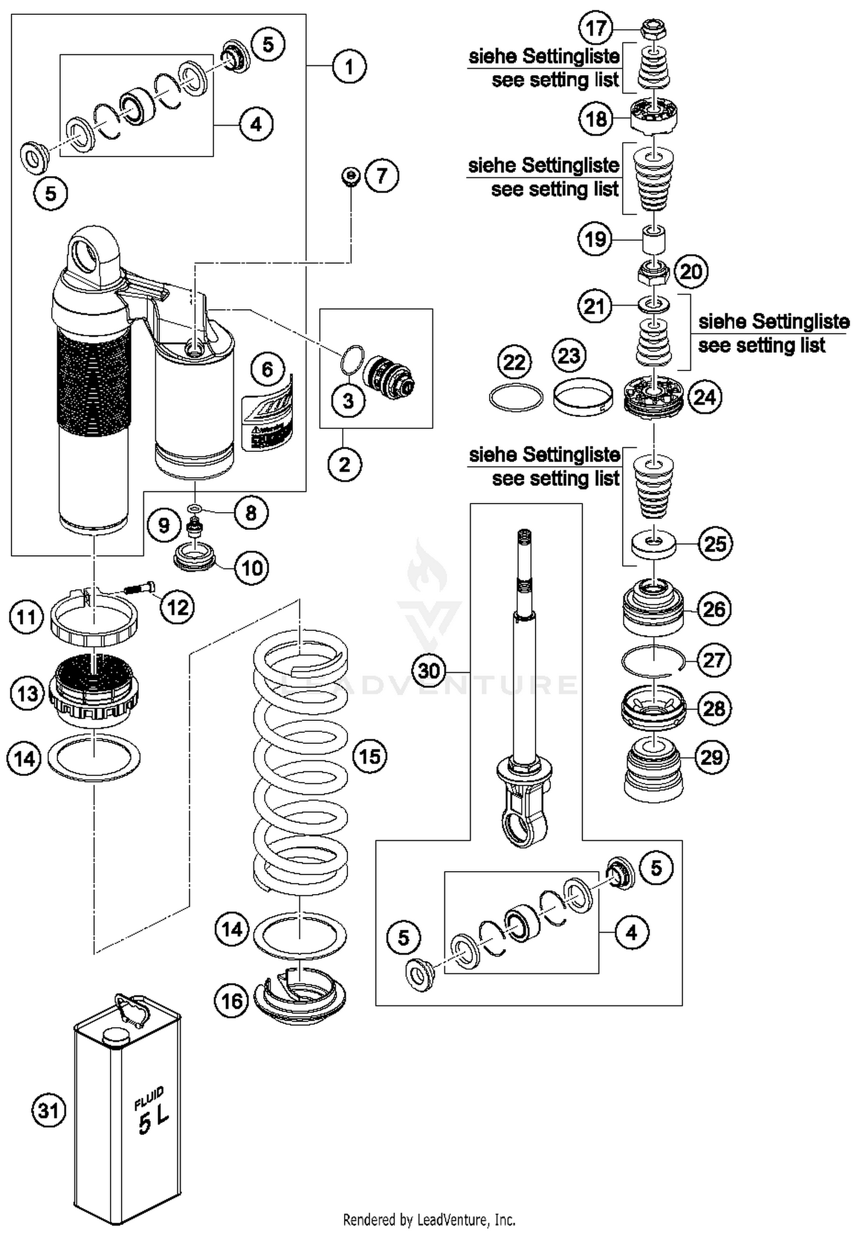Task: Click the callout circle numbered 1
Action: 349,67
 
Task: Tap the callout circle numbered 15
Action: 370,756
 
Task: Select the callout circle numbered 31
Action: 48,1111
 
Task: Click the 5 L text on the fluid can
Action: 154,1121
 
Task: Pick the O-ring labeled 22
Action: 515,397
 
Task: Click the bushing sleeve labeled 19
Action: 654,239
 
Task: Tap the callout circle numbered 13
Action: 27,693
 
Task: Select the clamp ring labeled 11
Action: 95,621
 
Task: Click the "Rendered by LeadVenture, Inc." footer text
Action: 429,1219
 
